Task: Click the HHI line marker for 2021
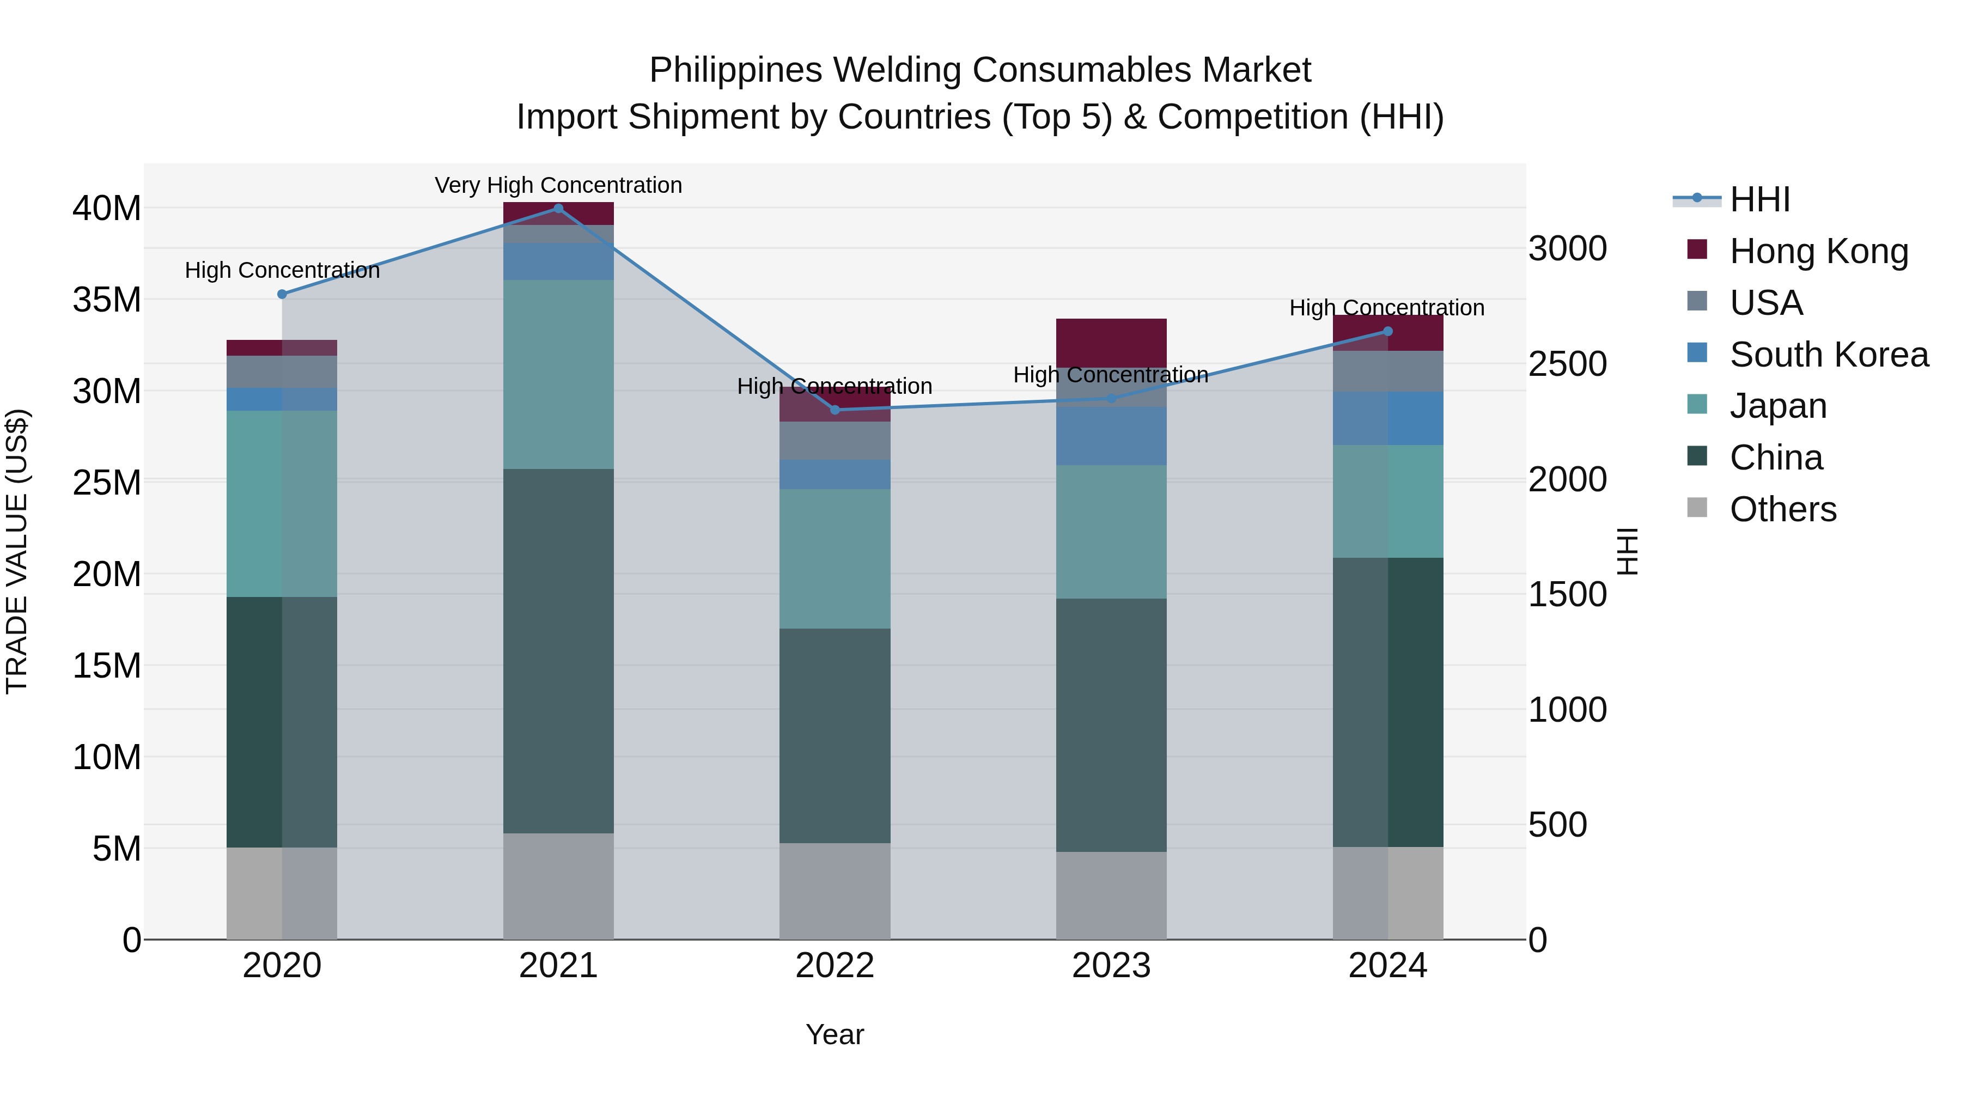pyautogui.click(x=558, y=209)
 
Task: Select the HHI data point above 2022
pyautogui.click(x=835, y=410)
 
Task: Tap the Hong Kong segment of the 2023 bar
pyautogui.click(x=1111, y=343)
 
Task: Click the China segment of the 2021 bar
pyautogui.click(x=558, y=651)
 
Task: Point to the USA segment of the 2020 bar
pyautogui.click(x=282, y=371)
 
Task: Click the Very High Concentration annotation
pyautogui.click(x=558, y=185)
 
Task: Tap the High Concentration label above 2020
pyautogui.click(x=282, y=270)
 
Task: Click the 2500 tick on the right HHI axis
pyautogui.click(x=1567, y=364)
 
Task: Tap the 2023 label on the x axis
pyautogui.click(x=1111, y=966)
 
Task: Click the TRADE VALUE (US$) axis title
pyautogui.click(x=17, y=551)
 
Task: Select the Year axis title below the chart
pyautogui.click(x=835, y=1034)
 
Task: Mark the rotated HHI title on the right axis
pyautogui.click(x=1627, y=551)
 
